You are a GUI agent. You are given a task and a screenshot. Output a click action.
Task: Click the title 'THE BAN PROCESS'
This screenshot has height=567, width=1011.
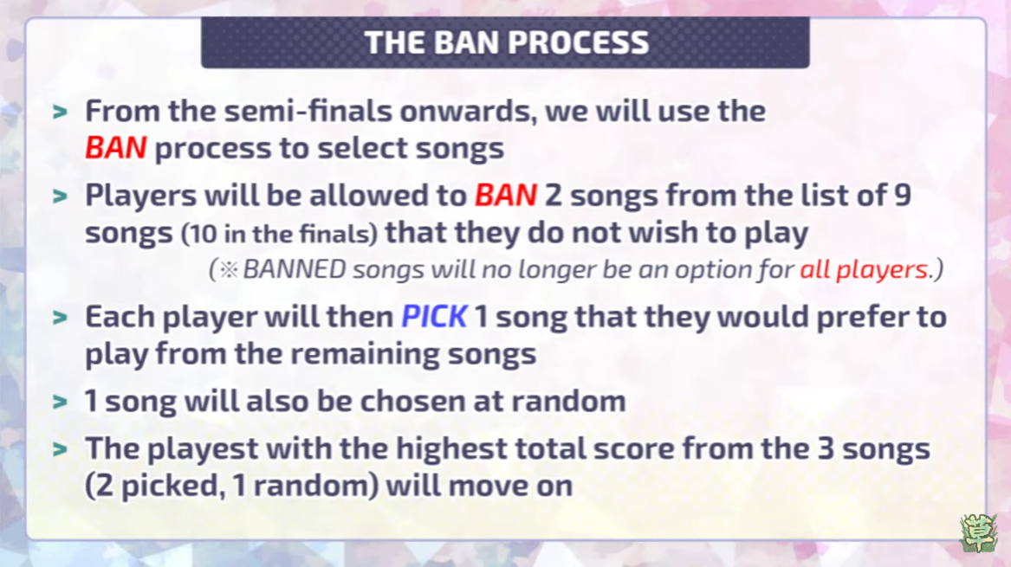click(507, 42)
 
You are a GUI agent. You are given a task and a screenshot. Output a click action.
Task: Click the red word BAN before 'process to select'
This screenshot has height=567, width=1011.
click(116, 148)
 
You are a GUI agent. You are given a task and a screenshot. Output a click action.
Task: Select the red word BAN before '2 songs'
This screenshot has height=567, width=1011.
click(506, 196)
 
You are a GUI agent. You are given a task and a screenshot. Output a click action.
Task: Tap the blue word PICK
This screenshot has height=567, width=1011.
click(434, 317)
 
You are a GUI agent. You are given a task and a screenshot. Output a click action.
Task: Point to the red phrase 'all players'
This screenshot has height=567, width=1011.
click(864, 268)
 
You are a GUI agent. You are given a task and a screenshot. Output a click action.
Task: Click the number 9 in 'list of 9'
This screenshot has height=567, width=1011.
click(902, 196)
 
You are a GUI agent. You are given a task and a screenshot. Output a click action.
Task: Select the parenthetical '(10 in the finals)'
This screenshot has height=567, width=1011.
click(279, 234)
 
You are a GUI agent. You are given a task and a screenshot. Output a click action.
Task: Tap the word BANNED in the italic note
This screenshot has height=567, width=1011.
click(294, 269)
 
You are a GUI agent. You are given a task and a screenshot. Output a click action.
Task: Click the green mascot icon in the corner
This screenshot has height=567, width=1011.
click(978, 533)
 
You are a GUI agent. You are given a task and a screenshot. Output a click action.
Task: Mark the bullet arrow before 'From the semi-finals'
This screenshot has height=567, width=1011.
click(61, 113)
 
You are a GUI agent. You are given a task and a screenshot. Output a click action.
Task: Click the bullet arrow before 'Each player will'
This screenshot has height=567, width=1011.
click(61, 318)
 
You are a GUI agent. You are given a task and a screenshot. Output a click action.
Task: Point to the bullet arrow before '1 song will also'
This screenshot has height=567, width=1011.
click(61, 402)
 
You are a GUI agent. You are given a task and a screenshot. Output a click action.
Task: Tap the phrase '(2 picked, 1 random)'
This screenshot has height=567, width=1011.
click(231, 486)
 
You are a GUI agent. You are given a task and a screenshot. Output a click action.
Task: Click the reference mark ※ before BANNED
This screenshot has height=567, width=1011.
click(229, 269)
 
